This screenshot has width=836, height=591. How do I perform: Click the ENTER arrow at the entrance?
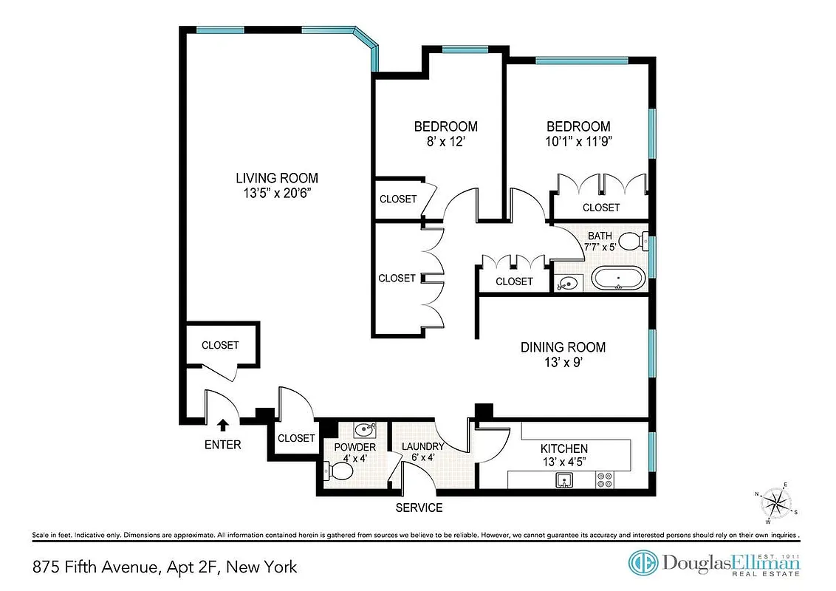click(223, 424)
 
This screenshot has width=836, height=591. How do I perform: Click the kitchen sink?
click(565, 481)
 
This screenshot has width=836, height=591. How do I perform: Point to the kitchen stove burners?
click(605, 480)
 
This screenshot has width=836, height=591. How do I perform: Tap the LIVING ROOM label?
click(277, 178)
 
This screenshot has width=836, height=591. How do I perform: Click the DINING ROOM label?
click(563, 347)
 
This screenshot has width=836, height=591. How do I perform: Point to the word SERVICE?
click(419, 508)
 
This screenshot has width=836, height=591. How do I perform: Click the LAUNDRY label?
click(422, 446)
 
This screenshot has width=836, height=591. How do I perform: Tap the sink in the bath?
click(567, 282)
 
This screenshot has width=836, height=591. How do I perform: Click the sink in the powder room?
click(364, 430)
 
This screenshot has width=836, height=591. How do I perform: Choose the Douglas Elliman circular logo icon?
click(643, 563)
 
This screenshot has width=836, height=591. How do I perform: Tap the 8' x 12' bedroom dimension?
click(445, 142)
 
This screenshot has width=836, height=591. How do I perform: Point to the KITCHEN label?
click(563, 448)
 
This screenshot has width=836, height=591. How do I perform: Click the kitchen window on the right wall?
click(651, 451)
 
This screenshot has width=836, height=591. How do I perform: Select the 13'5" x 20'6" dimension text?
click(277, 194)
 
